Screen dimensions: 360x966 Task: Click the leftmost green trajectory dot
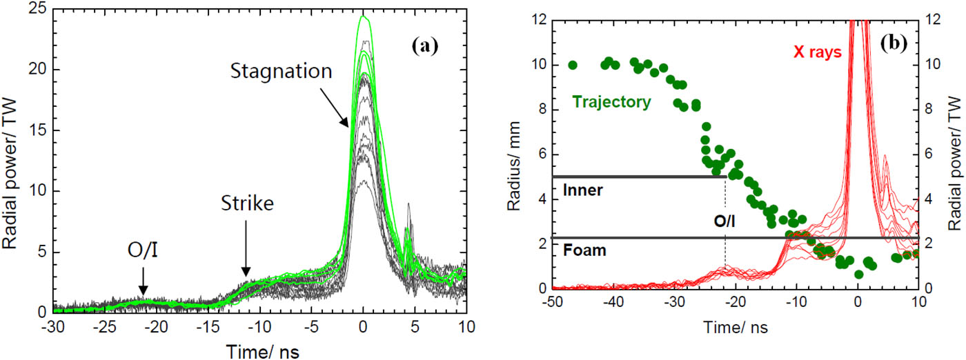point(572,65)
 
